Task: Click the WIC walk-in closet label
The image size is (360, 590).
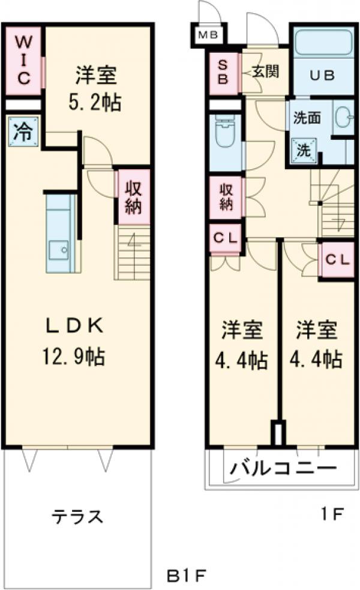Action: (x=22, y=61)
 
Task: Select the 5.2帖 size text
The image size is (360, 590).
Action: (x=96, y=101)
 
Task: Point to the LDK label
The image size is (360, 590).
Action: (x=76, y=327)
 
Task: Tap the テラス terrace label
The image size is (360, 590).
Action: (x=77, y=516)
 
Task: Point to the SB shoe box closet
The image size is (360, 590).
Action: (x=223, y=72)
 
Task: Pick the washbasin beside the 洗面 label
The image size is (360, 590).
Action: (x=344, y=117)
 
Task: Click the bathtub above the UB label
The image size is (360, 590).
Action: (x=322, y=45)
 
